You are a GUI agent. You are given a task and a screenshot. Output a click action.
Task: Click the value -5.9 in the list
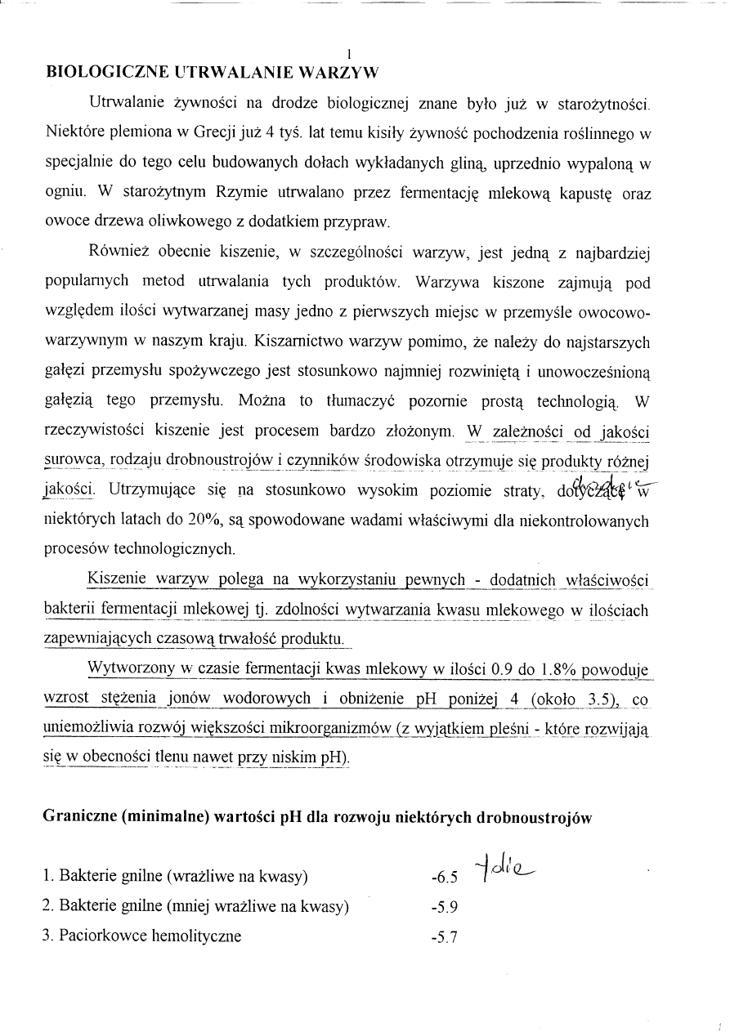444,907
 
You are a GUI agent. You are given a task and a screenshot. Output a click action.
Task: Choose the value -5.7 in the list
444,937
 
